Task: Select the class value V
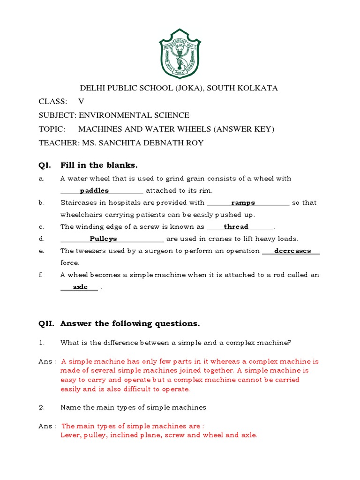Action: point(81,102)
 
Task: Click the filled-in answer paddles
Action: point(94,191)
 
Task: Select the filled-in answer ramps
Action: point(243,203)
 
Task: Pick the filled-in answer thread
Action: point(236,227)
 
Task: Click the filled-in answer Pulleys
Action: point(103,239)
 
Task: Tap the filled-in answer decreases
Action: point(292,251)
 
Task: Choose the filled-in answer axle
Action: point(80,287)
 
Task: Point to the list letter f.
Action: point(41,275)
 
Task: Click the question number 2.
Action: point(41,407)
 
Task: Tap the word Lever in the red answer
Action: point(70,435)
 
